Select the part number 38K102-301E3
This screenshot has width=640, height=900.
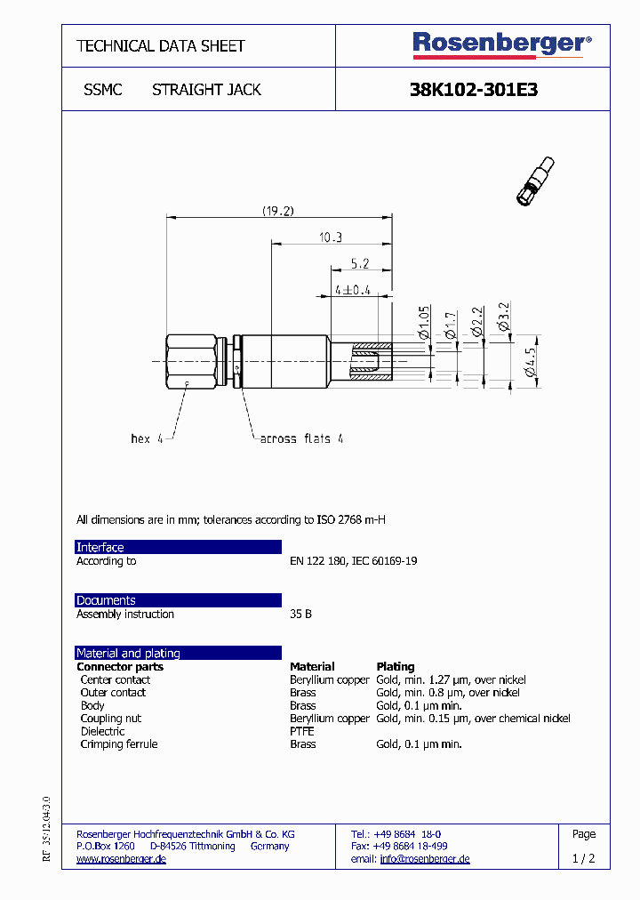point(473,90)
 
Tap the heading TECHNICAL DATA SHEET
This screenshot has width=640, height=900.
point(161,45)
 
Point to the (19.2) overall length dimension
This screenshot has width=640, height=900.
point(277,211)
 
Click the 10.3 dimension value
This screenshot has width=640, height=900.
point(330,237)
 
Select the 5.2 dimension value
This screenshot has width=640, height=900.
point(360,263)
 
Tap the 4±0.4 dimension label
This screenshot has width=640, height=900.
point(353,290)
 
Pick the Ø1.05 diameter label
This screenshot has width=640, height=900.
point(424,322)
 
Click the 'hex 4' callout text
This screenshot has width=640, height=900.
point(147,438)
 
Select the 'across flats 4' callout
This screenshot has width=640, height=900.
point(301,438)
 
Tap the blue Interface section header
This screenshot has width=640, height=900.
point(179,547)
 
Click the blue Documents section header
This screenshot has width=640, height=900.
point(179,600)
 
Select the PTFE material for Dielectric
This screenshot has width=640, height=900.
point(302,731)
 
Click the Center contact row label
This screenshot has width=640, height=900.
point(116,679)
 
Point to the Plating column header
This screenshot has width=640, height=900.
point(396,666)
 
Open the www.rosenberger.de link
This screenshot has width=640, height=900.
point(122,859)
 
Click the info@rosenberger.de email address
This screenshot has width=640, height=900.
point(425,859)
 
